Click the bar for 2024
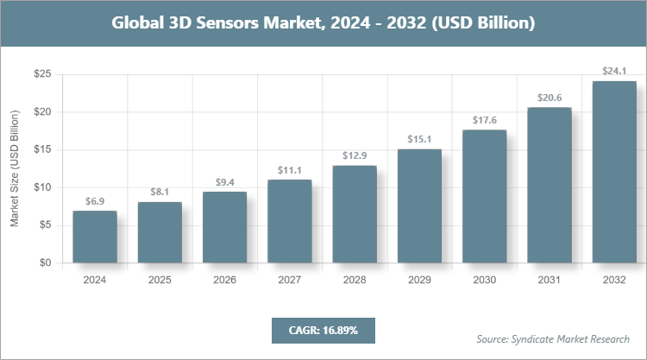[95, 237]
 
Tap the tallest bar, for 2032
[614, 172]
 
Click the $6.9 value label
[95, 201]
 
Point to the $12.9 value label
[355, 156]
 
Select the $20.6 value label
[550, 98]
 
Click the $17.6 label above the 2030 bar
[484, 120]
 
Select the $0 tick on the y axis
[42, 262]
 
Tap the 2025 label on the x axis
[160, 280]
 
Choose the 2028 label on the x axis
[355, 280]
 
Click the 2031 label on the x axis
[550, 280]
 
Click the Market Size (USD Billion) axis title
[14, 168]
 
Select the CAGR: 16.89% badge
[323, 330]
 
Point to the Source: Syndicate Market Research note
[553, 338]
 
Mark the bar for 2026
[224, 227]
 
